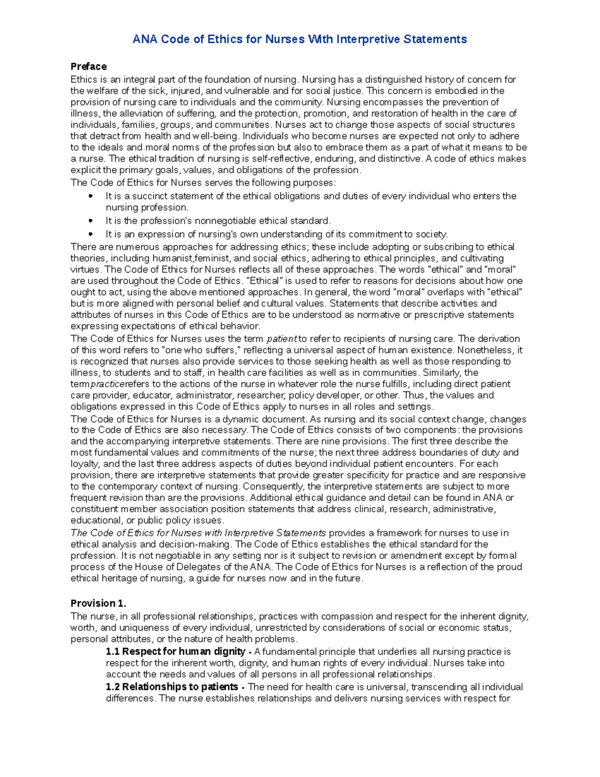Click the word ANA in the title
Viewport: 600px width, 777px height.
(x=144, y=39)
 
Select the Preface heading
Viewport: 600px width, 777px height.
(x=88, y=67)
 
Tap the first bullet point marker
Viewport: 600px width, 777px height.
(x=90, y=196)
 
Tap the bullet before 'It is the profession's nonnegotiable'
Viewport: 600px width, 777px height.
(x=90, y=221)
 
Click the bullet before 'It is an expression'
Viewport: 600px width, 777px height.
(x=90, y=234)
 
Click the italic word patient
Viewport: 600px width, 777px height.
(x=282, y=339)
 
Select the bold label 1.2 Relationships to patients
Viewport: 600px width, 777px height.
(x=172, y=686)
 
